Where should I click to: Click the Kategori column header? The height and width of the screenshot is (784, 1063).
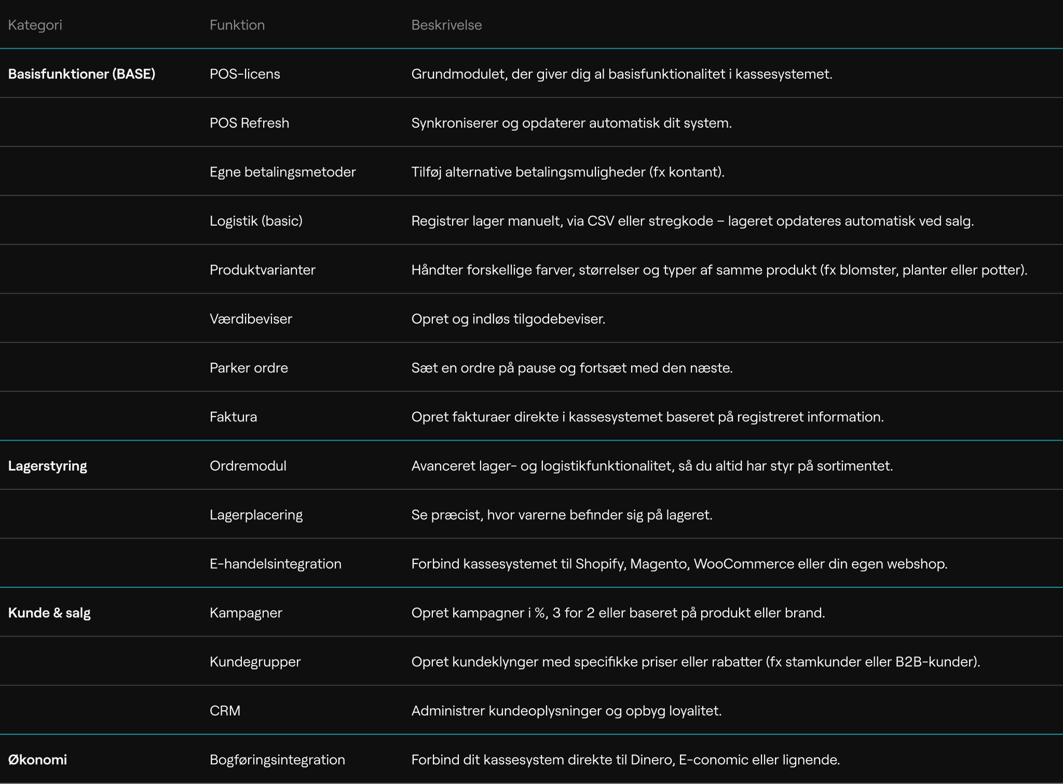pos(35,25)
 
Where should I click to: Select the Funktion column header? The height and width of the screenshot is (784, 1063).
pos(237,25)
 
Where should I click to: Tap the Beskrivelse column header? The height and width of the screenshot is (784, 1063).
pos(446,25)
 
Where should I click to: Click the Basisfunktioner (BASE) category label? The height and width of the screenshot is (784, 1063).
pos(81,74)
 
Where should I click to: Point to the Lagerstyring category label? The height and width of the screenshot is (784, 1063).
pos(47,466)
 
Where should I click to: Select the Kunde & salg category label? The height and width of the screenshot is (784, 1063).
pos(49,613)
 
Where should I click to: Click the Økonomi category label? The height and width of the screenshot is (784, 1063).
pos(37,760)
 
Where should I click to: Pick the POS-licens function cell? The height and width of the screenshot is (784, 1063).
pos(244,74)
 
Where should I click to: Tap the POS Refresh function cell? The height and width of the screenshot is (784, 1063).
pos(249,123)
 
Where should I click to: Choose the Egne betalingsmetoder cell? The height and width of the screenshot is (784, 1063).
pos(282,172)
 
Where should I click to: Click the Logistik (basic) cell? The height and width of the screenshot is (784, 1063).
pos(256,221)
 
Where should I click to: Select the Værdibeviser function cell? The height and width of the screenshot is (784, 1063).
pos(251,319)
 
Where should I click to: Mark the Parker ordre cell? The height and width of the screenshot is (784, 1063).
pos(249,368)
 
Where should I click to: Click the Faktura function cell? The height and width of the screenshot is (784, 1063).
pos(233,417)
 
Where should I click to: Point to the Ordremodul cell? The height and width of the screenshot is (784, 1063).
pos(248,466)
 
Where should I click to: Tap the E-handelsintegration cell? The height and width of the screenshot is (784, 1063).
pos(275,564)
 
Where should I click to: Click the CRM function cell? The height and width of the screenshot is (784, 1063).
pos(225,711)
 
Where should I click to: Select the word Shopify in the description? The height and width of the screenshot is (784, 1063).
pos(600,564)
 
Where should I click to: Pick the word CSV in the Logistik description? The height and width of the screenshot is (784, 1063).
pos(601,221)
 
